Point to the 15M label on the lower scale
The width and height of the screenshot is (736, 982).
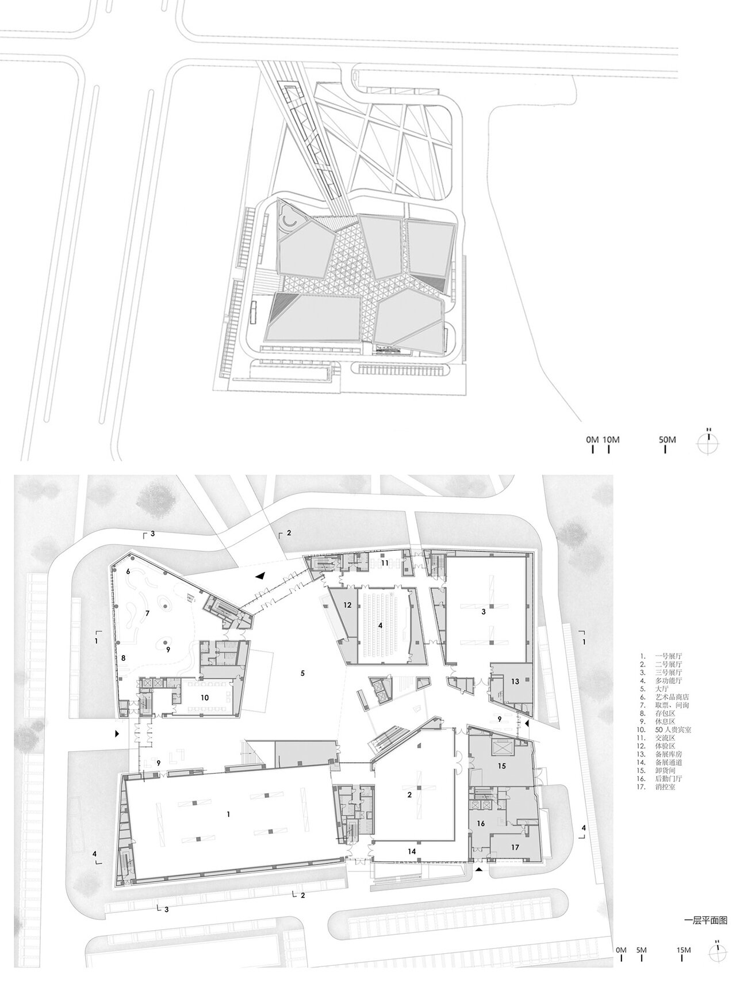[x=683, y=950]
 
